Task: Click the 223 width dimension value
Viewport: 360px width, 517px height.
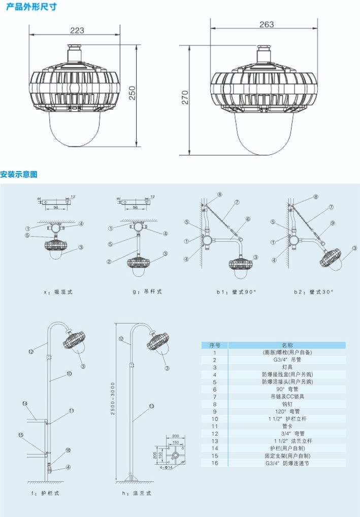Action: pyautogui.click(x=77, y=30)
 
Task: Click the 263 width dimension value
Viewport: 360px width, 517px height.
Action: pyautogui.click(x=266, y=24)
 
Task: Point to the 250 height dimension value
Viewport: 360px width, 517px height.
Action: pyautogui.click(x=132, y=92)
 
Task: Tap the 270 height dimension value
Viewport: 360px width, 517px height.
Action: pyautogui.click(x=185, y=98)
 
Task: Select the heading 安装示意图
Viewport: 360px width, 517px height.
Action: pyautogui.click(x=19, y=174)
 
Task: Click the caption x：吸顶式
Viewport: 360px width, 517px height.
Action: pyautogui.click(x=58, y=292)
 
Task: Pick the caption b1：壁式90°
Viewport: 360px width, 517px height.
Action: pyautogui.click(x=237, y=292)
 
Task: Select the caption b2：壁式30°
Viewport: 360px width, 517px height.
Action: pyautogui.click(x=313, y=292)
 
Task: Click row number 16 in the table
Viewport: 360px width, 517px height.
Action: pyautogui.click(x=215, y=463)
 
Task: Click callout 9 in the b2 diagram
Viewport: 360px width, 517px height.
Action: pyautogui.click(x=333, y=222)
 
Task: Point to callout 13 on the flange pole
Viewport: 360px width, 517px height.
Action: pyautogui.click(x=151, y=406)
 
